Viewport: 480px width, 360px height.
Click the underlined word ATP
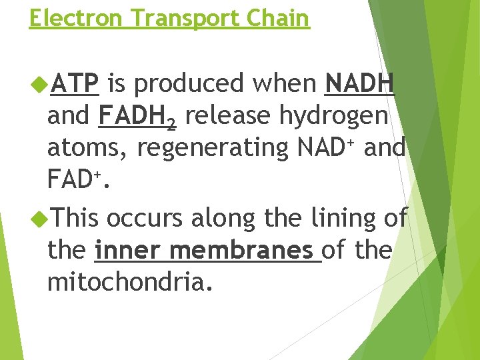[x=75, y=84]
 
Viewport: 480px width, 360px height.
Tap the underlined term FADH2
[x=137, y=117]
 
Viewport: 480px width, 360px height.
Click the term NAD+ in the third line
[x=319, y=148]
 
